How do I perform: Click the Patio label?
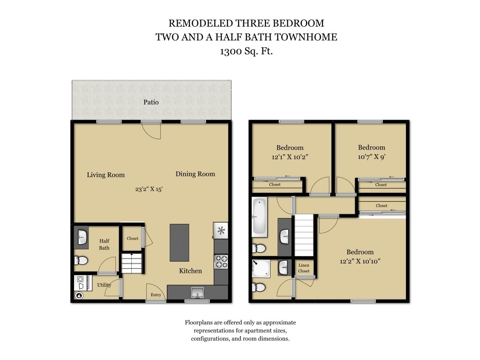point(151,102)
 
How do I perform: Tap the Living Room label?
point(106,175)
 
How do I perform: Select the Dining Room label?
point(195,174)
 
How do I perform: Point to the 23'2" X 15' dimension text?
point(149,189)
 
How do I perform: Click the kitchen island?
point(180,242)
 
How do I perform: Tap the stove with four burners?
point(221,262)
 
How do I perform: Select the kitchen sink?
point(197,292)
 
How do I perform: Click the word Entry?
point(156,295)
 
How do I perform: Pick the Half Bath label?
point(104,244)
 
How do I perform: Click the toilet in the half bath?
point(81,260)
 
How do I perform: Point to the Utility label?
point(104,285)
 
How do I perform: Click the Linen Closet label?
point(304,268)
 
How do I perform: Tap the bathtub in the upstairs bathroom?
point(259,216)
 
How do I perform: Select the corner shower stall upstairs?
point(261,268)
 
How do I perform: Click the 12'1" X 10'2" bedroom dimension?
point(290,157)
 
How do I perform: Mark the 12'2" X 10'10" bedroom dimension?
point(360,261)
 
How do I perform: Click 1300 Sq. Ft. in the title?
point(246,52)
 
